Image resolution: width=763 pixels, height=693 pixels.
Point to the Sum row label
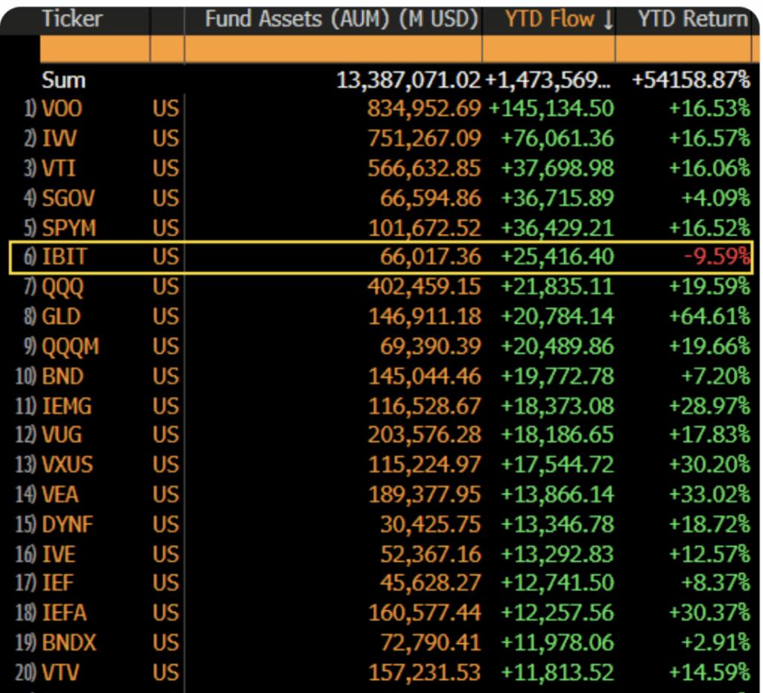click(63, 80)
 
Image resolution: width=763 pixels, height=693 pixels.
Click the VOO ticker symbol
click(62, 109)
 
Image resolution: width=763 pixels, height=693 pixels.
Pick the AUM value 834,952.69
click(424, 109)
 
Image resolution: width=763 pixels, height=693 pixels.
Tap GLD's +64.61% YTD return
click(709, 316)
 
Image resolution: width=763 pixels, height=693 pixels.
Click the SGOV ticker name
click(69, 198)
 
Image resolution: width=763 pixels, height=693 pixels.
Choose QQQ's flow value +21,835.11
click(557, 286)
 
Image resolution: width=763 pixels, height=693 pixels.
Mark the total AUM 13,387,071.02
click(408, 80)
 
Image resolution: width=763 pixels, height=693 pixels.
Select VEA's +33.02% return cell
click(709, 494)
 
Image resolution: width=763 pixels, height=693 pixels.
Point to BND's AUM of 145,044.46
click(424, 376)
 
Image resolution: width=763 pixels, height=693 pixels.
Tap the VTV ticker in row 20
click(60, 672)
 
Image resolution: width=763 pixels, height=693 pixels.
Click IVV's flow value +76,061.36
click(557, 139)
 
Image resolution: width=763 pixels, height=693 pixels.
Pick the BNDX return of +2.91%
click(715, 642)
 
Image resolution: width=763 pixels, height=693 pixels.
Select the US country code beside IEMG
click(166, 406)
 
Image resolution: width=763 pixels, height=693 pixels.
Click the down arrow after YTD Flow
click(608, 21)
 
